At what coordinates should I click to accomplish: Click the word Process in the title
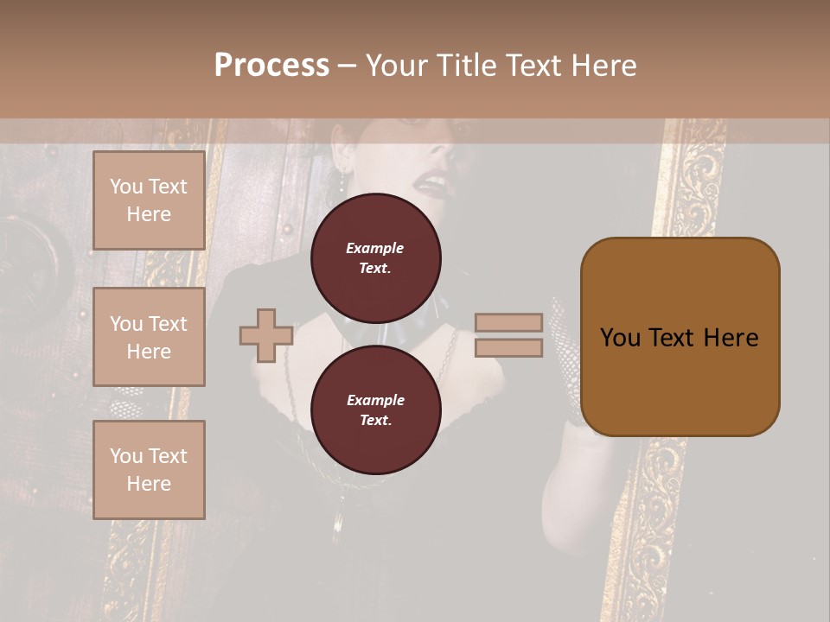pos(271,65)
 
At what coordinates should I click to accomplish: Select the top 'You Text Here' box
pos(149,200)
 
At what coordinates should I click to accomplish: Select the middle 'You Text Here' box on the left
pos(149,337)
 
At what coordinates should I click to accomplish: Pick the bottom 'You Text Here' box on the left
pos(149,469)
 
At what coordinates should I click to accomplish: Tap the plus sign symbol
pos(266,335)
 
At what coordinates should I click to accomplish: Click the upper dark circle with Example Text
pos(375,257)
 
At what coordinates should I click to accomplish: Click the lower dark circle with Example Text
pos(375,409)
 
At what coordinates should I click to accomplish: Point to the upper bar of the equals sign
pos(508,322)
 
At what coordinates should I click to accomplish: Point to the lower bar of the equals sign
pos(508,347)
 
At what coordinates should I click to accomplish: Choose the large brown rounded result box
pos(680,380)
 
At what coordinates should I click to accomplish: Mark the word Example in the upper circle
pos(375,248)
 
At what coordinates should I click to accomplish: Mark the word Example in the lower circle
pos(375,400)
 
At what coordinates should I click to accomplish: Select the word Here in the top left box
pos(149,214)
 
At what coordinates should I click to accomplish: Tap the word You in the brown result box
pos(619,337)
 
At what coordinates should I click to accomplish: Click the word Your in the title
pos(399,66)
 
